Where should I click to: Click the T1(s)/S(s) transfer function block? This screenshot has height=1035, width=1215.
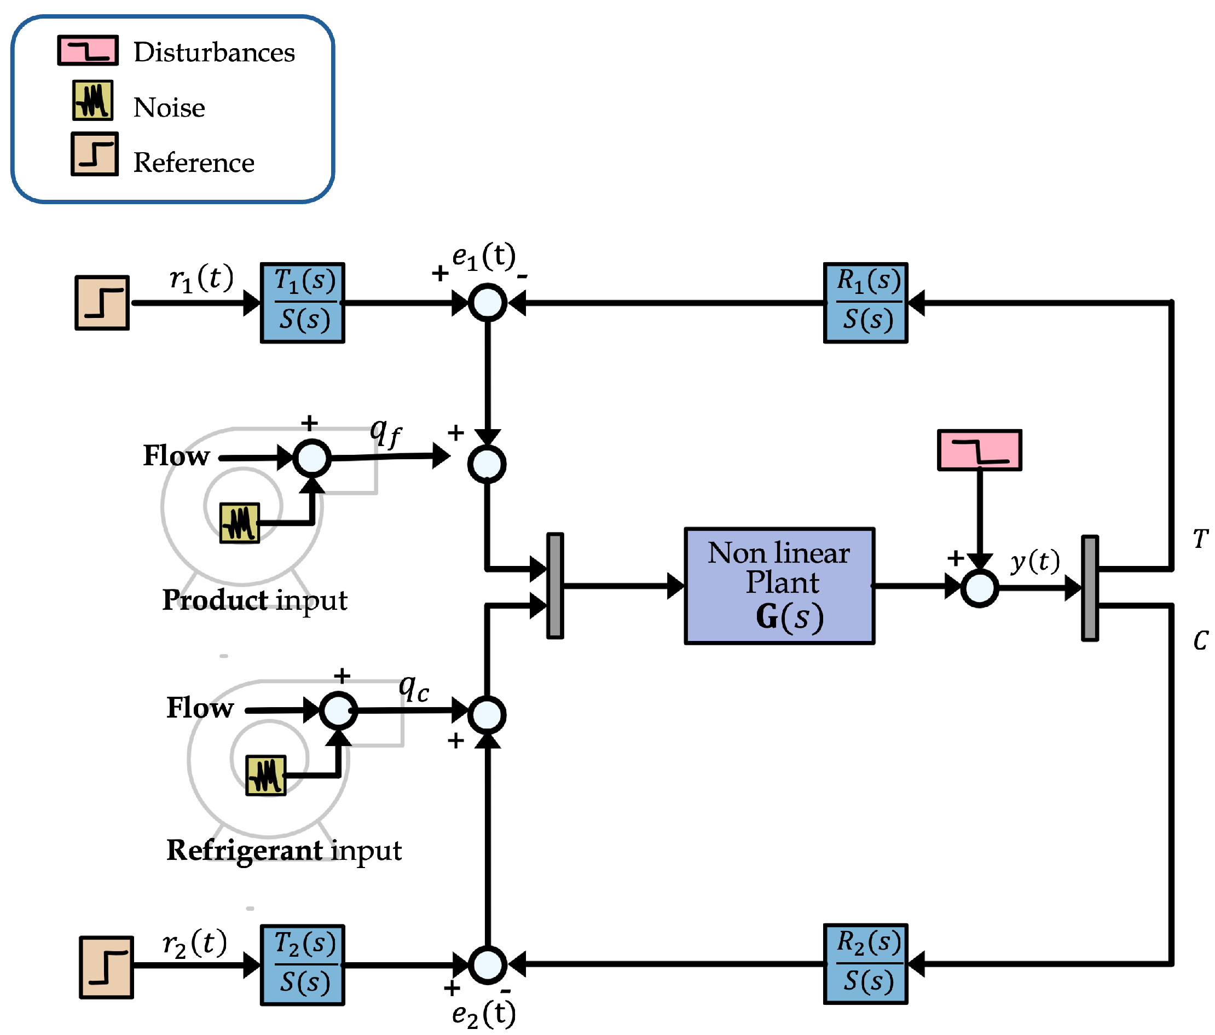pos(303,303)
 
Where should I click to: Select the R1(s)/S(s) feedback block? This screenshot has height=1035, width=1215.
pos(865,303)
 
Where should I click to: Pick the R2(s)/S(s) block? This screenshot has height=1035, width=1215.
pos(865,964)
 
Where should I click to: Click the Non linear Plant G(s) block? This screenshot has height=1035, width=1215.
pos(779,586)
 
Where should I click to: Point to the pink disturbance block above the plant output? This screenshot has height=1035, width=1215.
pos(979,450)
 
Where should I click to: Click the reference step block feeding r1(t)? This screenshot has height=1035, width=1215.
pos(102,303)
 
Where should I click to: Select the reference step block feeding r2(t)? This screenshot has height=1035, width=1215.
pos(106,967)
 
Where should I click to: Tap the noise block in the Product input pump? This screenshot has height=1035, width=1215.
pos(239,523)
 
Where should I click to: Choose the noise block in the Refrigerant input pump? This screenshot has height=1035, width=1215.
pos(265,775)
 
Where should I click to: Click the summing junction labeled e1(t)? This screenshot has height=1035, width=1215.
pos(487,303)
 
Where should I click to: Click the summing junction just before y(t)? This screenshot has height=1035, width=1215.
pos(979,588)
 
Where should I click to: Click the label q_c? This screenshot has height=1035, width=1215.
pos(414,687)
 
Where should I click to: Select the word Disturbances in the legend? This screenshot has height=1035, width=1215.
pos(214,52)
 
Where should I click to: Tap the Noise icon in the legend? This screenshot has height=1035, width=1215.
pos(92,100)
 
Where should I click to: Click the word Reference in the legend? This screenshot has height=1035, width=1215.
pos(194,163)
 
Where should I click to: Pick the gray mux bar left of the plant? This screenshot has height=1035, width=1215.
pos(555,586)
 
